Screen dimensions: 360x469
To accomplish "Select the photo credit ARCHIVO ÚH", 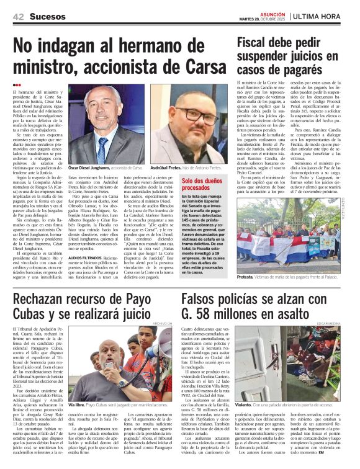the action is coord(161,324).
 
